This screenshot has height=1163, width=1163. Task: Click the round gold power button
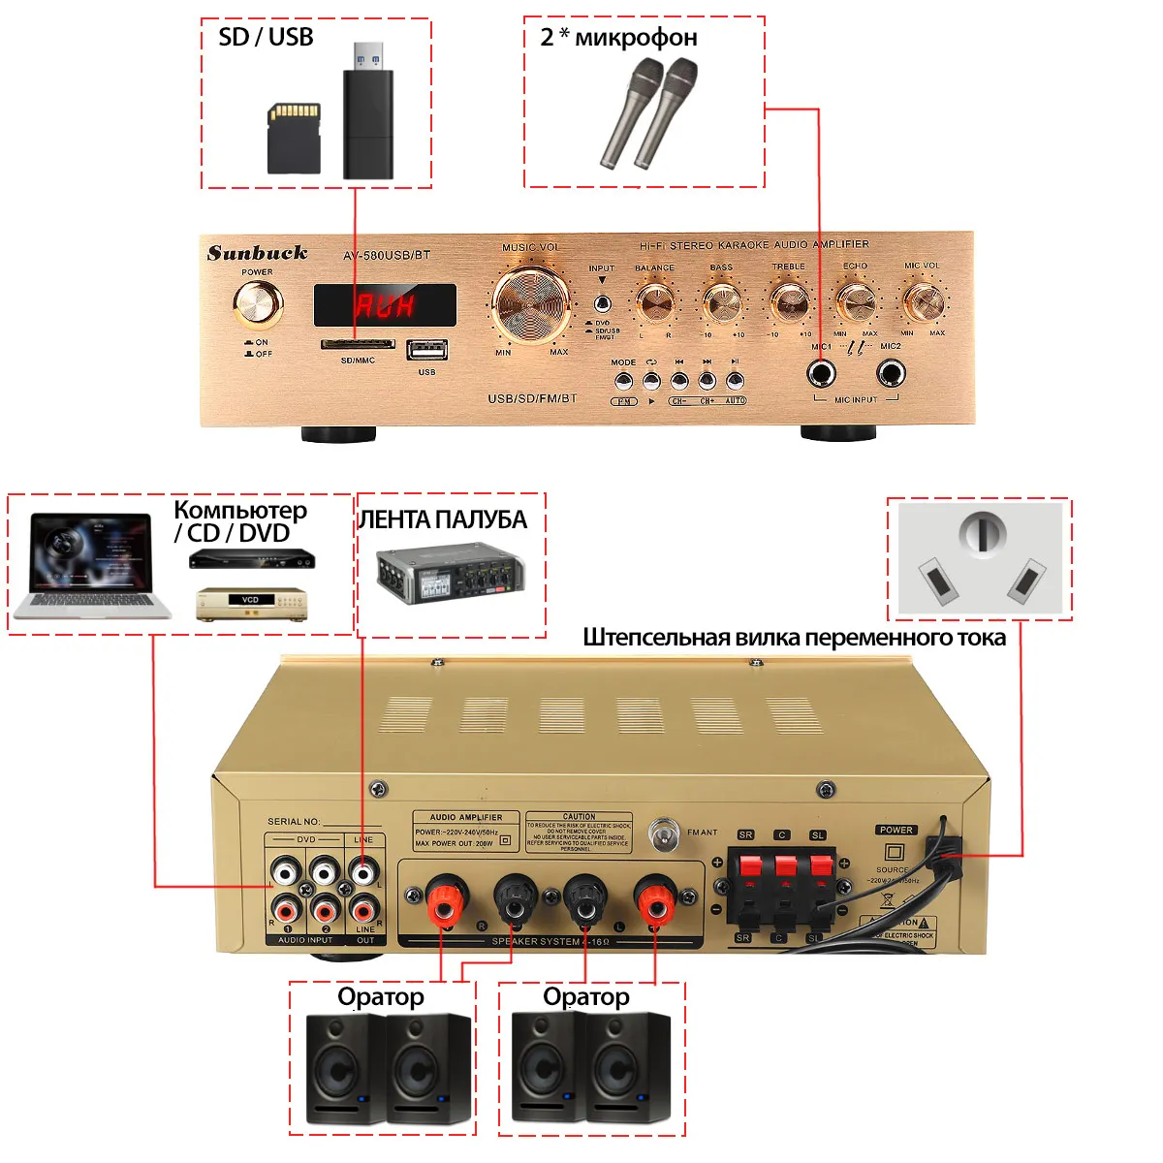click(x=258, y=304)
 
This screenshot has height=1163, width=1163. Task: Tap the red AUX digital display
click(x=385, y=305)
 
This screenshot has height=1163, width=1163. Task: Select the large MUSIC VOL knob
click(x=531, y=302)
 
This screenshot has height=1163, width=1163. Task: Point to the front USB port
click(x=426, y=350)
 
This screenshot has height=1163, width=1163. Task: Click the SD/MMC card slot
click(x=358, y=344)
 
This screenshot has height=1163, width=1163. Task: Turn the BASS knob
click(x=722, y=303)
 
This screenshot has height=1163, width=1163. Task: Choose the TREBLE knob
click(x=789, y=301)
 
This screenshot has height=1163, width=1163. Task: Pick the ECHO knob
click(x=855, y=301)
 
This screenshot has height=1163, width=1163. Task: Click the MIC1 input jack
click(x=823, y=373)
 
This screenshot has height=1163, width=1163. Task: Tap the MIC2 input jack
click(x=891, y=373)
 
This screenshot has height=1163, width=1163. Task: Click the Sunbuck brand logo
click(x=257, y=253)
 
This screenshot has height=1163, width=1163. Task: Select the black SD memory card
click(x=294, y=139)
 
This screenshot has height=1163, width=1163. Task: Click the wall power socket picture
click(x=979, y=558)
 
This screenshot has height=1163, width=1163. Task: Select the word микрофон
click(x=636, y=38)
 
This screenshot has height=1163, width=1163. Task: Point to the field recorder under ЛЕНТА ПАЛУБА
click(x=450, y=575)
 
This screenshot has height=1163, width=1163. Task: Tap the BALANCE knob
click(x=655, y=302)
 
